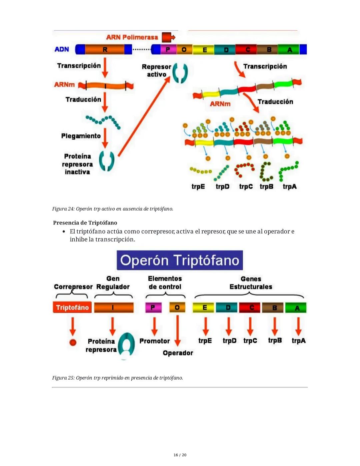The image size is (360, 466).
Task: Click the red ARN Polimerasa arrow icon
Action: pyautogui.click(x=168, y=37)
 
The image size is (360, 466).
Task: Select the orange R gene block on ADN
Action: pyautogui.click(x=104, y=50)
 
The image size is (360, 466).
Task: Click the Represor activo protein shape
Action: pyautogui.click(x=180, y=73)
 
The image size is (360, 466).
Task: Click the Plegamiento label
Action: pyautogui.click(x=81, y=136)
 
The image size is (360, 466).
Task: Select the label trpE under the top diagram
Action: pyautogui.click(x=198, y=186)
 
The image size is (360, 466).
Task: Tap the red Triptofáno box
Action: pyautogui.click(x=72, y=308)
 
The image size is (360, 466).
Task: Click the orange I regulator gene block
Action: pyautogui.click(x=114, y=308)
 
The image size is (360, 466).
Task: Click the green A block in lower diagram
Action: pyautogui.click(x=296, y=308)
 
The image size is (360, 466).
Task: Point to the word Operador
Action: pyautogui.click(x=178, y=353)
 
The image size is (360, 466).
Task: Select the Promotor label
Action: pyautogui.click(x=155, y=341)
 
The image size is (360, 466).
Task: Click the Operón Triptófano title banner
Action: pyautogui.click(x=180, y=260)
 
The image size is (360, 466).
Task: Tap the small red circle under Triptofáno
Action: pyautogui.click(x=73, y=342)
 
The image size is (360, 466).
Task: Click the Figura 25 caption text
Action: pyautogui.click(x=117, y=378)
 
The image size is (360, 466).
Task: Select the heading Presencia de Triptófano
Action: pyautogui.click(x=85, y=222)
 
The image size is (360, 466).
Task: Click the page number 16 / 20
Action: pyautogui.click(x=180, y=455)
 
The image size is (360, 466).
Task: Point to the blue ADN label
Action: pyautogui.click(x=62, y=49)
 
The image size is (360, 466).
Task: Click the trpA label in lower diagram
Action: pyautogui.click(x=298, y=341)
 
